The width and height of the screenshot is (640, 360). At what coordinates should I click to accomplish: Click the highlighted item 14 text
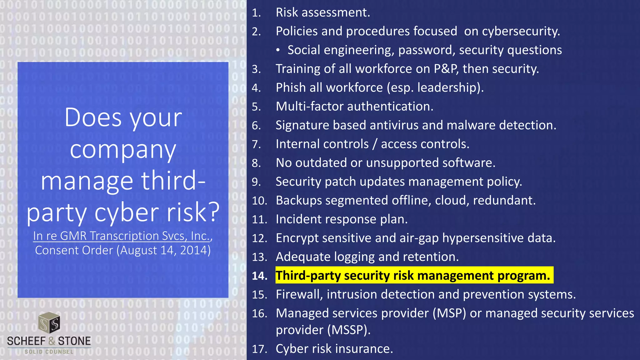click(x=412, y=276)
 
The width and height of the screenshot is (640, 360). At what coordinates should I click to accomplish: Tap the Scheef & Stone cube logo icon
click(x=49, y=322)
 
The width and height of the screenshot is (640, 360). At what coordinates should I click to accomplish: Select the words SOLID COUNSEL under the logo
click(x=49, y=352)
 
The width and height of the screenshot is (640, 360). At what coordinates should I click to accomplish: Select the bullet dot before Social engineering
click(x=278, y=50)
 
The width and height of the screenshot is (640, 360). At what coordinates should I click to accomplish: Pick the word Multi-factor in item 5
click(x=309, y=107)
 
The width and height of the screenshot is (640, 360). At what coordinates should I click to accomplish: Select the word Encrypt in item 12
click(x=297, y=238)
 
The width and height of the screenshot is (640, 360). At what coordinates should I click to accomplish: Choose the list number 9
click(x=256, y=182)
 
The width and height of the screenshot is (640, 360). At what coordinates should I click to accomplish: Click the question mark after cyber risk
click(x=213, y=212)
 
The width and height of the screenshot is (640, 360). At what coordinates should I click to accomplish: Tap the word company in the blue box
click(x=123, y=149)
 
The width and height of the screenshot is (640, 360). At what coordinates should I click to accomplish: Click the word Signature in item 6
click(x=302, y=125)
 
